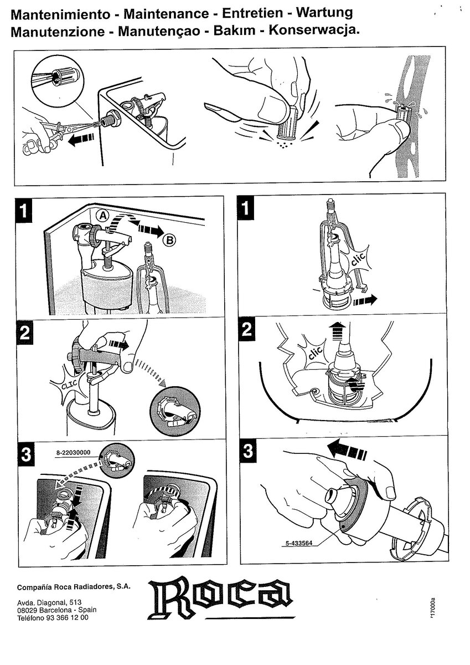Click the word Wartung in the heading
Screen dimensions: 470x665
click(325, 13)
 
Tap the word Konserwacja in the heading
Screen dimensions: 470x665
click(314, 30)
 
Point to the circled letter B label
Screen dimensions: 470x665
click(169, 239)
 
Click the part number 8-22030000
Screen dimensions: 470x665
click(73, 453)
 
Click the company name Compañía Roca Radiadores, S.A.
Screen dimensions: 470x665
click(74, 587)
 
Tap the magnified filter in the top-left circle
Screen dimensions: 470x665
click(65, 77)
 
